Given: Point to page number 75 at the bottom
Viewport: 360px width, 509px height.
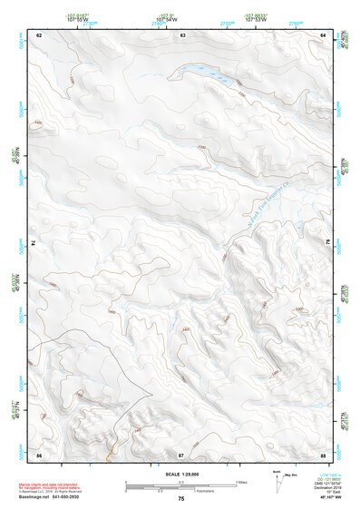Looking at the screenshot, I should coord(180,499).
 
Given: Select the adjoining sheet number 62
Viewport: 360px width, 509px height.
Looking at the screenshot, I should coord(39,34).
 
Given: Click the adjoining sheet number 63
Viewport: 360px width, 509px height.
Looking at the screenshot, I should coord(182,34).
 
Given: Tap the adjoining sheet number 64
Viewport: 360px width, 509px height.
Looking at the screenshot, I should coord(323,34).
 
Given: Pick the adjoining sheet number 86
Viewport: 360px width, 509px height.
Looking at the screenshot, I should coord(39,453).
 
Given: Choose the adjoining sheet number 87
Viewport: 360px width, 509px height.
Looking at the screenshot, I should coord(181,453).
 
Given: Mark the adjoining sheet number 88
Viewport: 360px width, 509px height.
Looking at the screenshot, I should coord(323,453).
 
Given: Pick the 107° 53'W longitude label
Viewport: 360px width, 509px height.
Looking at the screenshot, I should coord(255,19).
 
